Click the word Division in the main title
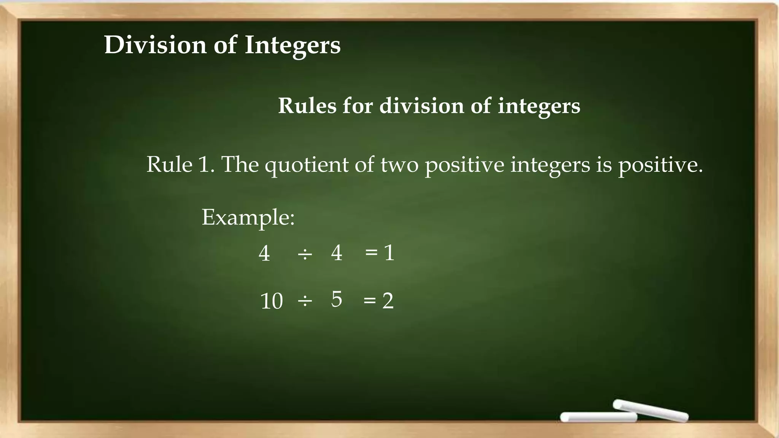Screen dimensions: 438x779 click(x=155, y=45)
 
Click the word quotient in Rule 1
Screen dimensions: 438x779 click(x=307, y=165)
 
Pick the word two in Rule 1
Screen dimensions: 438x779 click(x=399, y=165)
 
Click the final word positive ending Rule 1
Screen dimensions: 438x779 click(x=660, y=165)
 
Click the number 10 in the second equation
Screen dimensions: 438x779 click(x=272, y=301)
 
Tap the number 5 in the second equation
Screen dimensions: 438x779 click(x=337, y=299)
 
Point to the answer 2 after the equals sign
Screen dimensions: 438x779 click(x=388, y=301)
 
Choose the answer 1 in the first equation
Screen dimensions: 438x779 click(x=389, y=252)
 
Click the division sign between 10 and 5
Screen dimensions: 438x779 click(x=305, y=301)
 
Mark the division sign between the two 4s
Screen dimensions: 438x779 click(x=305, y=254)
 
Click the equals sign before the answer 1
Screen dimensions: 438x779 click(x=371, y=252)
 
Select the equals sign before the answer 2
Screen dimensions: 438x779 click(x=370, y=300)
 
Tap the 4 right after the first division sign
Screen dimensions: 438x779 click(x=337, y=252)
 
